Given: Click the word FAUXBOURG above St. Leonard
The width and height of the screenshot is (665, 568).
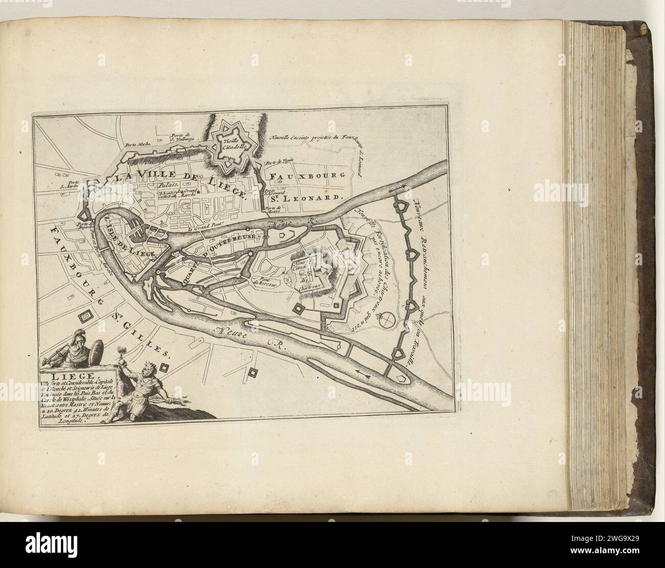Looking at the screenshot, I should point(311,175).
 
